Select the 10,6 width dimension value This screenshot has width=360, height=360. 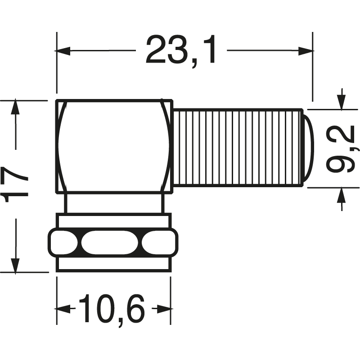(112, 309)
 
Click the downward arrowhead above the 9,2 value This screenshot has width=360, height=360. (342, 103)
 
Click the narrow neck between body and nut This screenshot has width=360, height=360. (113, 203)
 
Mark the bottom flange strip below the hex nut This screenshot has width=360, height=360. (113, 265)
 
